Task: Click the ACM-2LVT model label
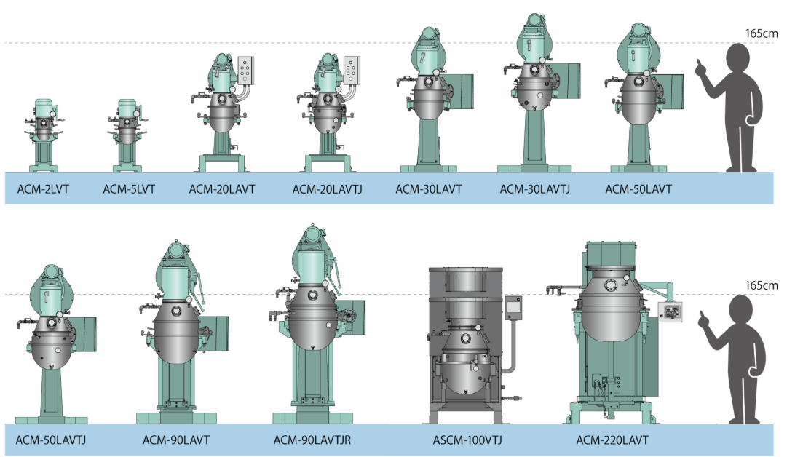point(42,189)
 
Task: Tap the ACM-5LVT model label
point(129,189)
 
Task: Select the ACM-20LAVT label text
point(222,189)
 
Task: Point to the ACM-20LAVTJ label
point(327,189)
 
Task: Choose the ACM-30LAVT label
point(428,189)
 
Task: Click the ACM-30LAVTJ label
point(534,189)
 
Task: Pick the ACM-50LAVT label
point(638,189)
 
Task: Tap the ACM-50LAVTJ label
point(51,440)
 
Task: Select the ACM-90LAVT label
point(175,440)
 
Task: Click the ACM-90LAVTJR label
point(312,440)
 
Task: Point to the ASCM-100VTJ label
point(467,440)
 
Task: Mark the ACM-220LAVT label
point(612,440)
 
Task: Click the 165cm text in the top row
point(761,33)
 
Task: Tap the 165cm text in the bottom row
point(761,285)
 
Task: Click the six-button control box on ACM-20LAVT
point(245,71)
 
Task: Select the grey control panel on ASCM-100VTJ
point(513,308)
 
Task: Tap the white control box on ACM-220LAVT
point(670,311)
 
